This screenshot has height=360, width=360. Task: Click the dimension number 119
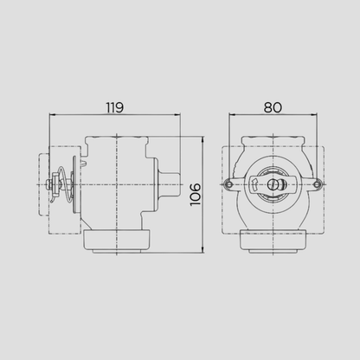click(x=115, y=107)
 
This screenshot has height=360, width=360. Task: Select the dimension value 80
click(x=273, y=107)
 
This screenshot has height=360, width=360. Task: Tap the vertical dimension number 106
click(x=196, y=195)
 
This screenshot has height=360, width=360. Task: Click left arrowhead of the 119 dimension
click(x=53, y=115)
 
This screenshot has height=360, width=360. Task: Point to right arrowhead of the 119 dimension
click(x=177, y=115)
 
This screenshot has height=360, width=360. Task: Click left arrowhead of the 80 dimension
click(x=232, y=115)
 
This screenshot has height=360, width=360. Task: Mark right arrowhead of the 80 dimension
click(x=314, y=115)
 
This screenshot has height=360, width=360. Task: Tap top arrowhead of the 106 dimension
click(x=202, y=140)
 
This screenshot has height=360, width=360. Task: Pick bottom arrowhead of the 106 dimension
click(x=202, y=250)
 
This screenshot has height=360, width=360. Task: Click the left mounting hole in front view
click(x=228, y=184)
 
